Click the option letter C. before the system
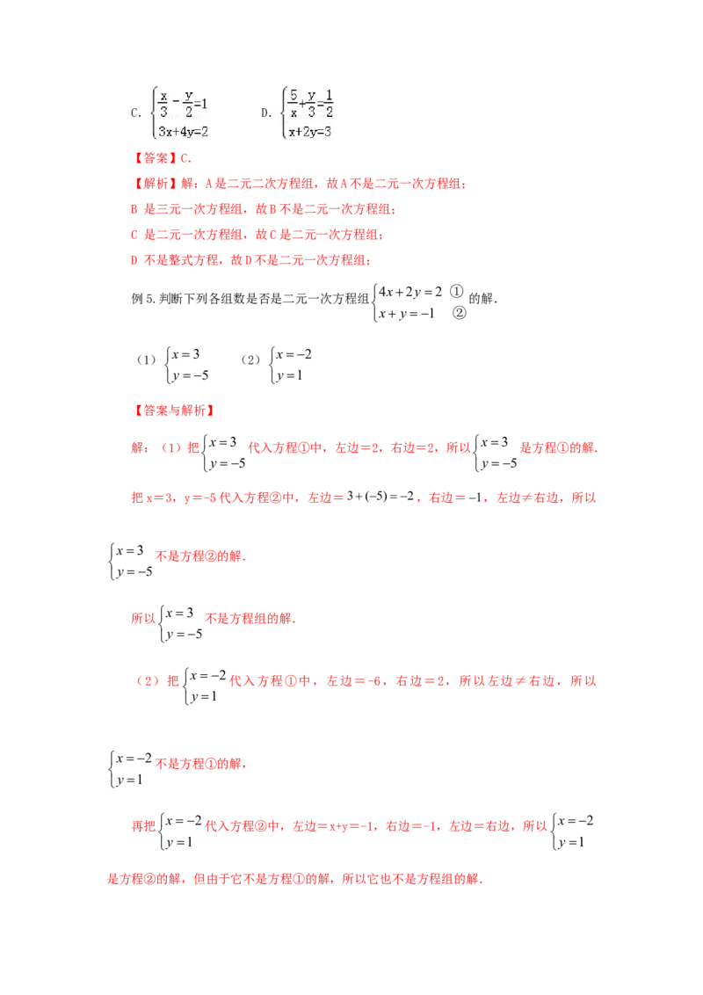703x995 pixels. (135, 113)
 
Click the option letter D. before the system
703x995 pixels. (266, 113)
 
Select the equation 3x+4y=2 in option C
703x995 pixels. (184, 131)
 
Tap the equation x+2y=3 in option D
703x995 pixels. (309, 131)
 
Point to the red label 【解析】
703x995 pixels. (152, 184)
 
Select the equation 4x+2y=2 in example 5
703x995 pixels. (410, 292)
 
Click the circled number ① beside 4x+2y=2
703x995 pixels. (456, 291)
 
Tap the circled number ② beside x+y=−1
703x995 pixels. (459, 313)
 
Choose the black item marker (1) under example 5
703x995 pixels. (147, 360)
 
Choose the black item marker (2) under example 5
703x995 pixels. (250, 360)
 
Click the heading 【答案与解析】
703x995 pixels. (174, 410)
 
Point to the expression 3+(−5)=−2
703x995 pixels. (380, 497)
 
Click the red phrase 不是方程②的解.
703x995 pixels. (200, 556)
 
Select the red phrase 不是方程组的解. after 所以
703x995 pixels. (250, 618)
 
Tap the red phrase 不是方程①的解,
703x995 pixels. (201, 763)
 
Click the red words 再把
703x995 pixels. (143, 825)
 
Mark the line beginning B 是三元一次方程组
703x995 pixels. (264, 209)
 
